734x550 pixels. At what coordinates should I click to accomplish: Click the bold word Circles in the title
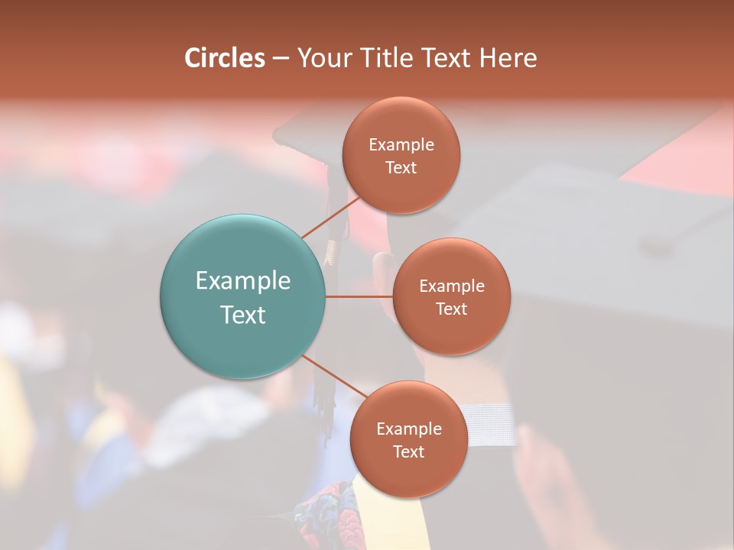click(x=224, y=58)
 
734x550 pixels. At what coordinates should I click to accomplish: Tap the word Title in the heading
click(x=385, y=58)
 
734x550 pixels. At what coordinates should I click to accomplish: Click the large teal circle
click(x=242, y=296)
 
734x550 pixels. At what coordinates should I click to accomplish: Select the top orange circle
click(x=401, y=155)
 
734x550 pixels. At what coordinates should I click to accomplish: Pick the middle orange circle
click(x=451, y=296)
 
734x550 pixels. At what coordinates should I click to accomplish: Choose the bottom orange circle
click(x=408, y=439)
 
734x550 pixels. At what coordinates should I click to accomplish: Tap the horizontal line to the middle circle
click(x=359, y=296)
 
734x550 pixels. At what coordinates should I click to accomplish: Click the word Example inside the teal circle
click(x=242, y=281)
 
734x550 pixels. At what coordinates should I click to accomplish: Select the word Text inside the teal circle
click(x=242, y=315)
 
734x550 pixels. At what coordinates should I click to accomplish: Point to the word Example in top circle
click(x=401, y=144)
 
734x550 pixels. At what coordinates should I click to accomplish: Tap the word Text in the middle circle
click(x=451, y=309)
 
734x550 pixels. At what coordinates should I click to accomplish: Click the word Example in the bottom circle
click(x=408, y=429)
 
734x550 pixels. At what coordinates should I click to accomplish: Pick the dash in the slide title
click(x=281, y=58)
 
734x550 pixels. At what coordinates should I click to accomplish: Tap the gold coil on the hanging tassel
click(x=330, y=251)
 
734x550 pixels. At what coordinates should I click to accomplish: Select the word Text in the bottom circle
click(x=408, y=451)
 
